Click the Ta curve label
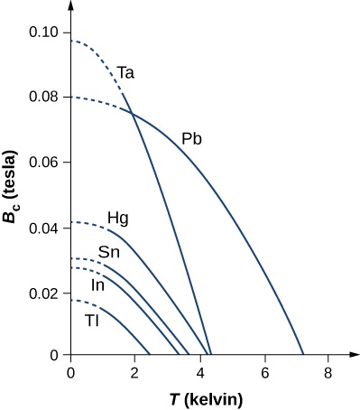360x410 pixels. [x=125, y=72]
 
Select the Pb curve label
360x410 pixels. [x=190, y=139]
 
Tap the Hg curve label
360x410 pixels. [x=117, y=218]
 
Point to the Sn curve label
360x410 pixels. [x=109, y=252]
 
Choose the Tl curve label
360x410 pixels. [x=92, y=320]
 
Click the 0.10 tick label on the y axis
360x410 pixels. [x=45, y=33]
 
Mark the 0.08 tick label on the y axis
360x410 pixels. [x=45, y=98]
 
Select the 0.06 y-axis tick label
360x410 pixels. [x=45, y=163]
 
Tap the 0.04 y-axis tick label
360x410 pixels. [x=45, y=228]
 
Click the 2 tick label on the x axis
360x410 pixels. [x=135, y=371]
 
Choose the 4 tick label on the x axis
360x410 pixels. [x=200, y=371]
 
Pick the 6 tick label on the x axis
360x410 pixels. [x=265, y=371]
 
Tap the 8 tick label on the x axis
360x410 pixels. [x=329, y=371]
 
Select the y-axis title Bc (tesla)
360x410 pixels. [x=14, y=196]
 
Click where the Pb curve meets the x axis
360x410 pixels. [x=304, y=356]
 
